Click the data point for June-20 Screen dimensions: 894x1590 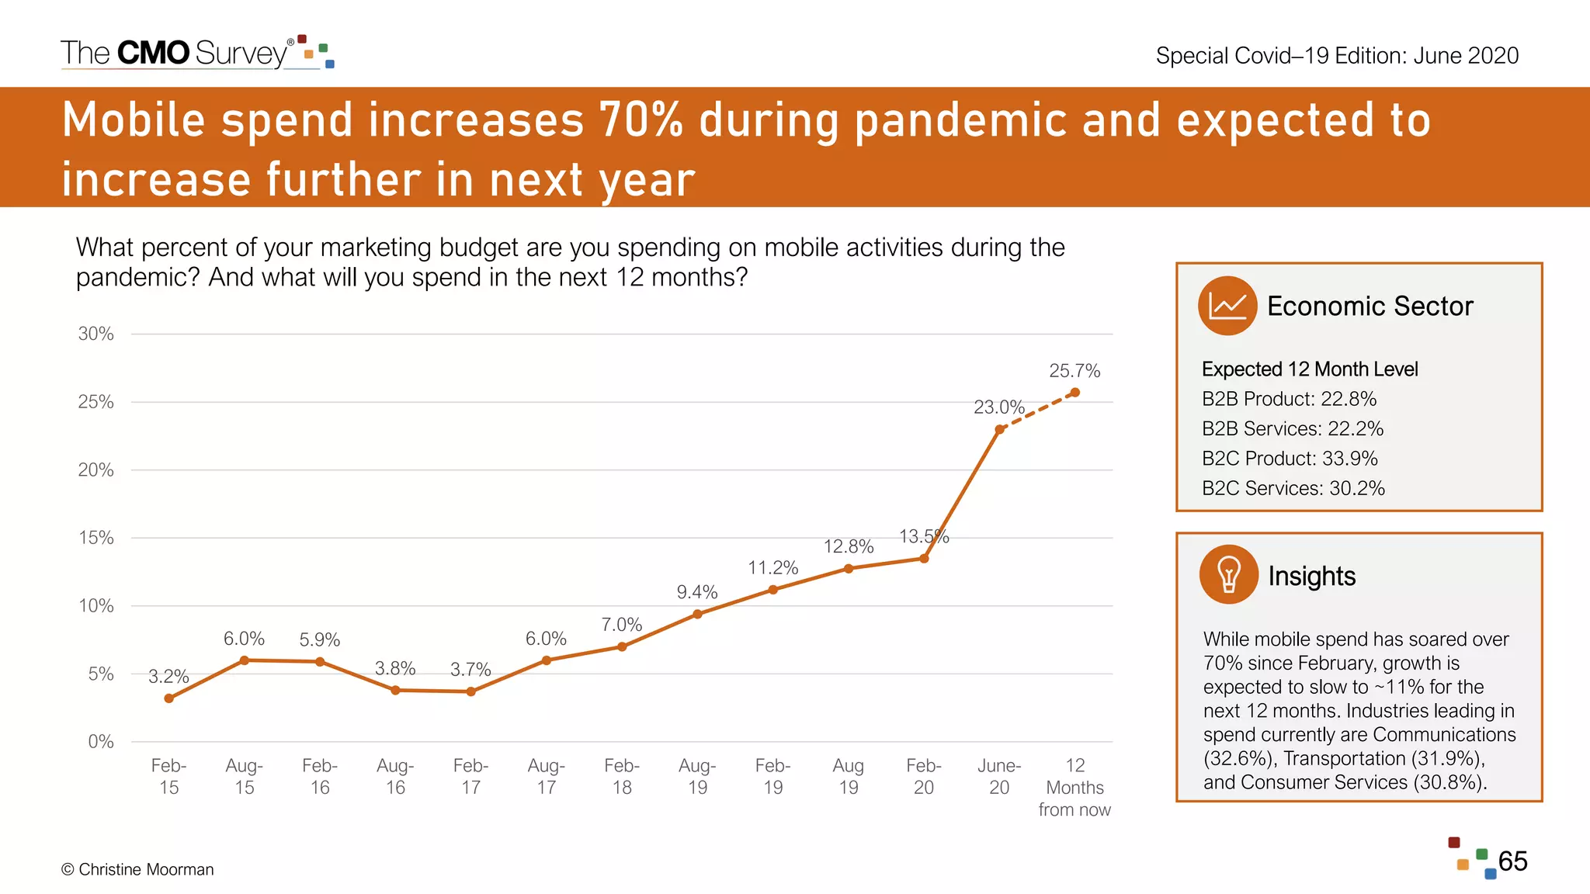tap(999, 429)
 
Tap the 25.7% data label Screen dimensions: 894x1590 tap(1074, 371)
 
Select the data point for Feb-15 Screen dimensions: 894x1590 tap(168, 698)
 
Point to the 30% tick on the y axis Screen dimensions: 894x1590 tap(95, 334)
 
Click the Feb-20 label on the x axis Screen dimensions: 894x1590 tap(924, 776)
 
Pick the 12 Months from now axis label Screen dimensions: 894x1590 tap(1074, 787)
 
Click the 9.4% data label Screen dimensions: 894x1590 tap(696, 592)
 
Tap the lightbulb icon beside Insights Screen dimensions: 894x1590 tap(1228, 575)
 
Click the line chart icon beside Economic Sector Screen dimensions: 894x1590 tap(1227, 306)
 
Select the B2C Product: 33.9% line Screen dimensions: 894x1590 tap(1290, 459)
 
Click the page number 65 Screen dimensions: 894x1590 tap(1512, 861)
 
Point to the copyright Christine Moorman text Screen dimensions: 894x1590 tap(137, 869)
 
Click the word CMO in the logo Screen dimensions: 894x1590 tap(153, 53)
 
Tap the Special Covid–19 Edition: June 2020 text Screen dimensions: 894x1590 tap(1337, 56)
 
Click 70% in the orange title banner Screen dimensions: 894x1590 tap(641, 120)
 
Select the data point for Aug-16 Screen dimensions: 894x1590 tap(395, 690)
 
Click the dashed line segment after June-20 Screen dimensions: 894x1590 tap(1037, 411)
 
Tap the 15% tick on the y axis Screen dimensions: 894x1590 tap(95, 538)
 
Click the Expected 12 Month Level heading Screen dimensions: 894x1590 tap(1310, 369)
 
